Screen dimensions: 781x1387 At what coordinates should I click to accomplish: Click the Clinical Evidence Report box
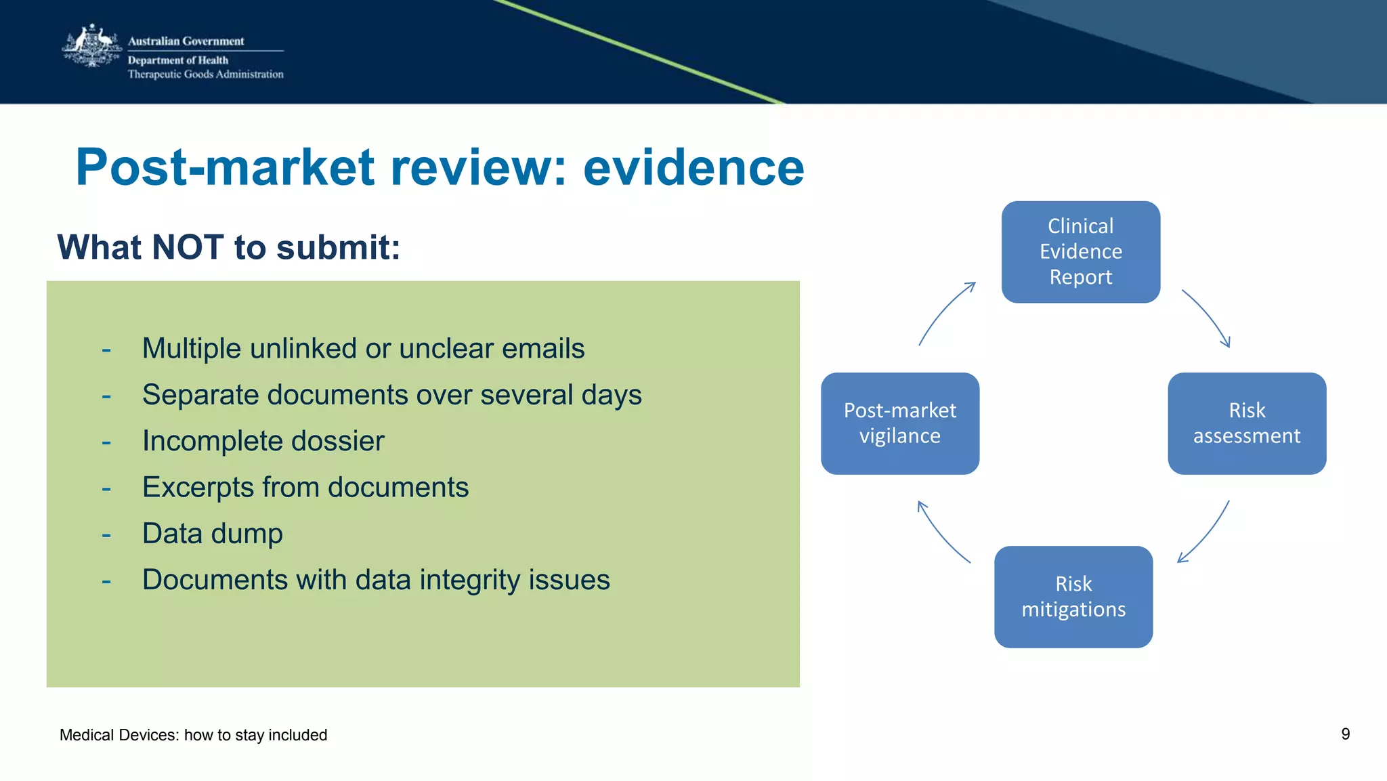1080,251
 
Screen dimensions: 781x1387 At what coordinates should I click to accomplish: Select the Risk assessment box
1246,423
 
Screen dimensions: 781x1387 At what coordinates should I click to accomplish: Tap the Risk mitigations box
1073,597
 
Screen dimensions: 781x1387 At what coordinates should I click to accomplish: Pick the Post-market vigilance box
899,423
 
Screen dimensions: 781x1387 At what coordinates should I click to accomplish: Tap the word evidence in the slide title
693,167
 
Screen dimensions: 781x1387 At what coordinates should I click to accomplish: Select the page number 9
1345,734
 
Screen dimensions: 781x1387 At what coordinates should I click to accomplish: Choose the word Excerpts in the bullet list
198,488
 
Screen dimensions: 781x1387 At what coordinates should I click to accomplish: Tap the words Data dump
212,534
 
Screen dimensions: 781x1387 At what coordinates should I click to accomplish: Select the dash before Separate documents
106,396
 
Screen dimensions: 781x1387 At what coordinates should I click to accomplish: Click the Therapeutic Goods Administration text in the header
205,75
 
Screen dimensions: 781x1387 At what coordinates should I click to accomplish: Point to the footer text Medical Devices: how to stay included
193,735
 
